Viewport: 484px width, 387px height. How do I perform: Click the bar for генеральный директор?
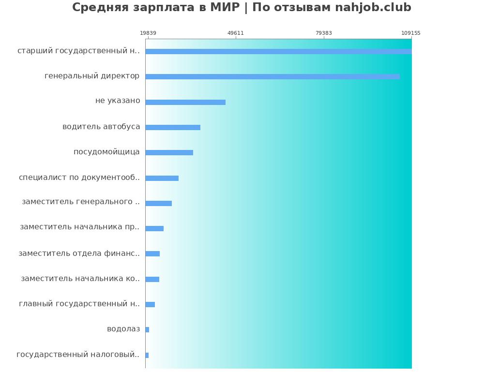[272, 76]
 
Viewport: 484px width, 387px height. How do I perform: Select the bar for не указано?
[185, 102]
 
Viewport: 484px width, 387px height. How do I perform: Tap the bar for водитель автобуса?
[173, 127]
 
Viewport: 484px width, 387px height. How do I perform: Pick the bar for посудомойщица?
[169, 152]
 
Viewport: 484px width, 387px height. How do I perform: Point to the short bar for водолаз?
[147, 329]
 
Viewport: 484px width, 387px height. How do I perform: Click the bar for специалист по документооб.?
[162, 178]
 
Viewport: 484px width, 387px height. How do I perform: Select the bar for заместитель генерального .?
[158, 203]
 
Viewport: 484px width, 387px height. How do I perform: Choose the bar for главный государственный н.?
[150, 304]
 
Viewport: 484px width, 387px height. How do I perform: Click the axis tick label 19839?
[148, 33]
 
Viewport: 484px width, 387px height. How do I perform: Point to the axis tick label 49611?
[236, 33]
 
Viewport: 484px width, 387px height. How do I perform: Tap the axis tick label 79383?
[324, 33]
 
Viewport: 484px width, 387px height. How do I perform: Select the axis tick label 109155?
[411, 33]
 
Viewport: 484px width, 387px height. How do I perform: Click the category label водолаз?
[123, 329]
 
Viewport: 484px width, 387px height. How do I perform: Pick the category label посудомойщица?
[106, 152]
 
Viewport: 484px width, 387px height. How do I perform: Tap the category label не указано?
[118, 101]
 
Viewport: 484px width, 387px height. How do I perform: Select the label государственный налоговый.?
[78, 355]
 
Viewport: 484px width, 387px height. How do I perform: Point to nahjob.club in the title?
[373, 8]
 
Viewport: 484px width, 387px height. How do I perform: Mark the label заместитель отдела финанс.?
[79, 253]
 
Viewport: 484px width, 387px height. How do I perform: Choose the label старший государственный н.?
[78, 50]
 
